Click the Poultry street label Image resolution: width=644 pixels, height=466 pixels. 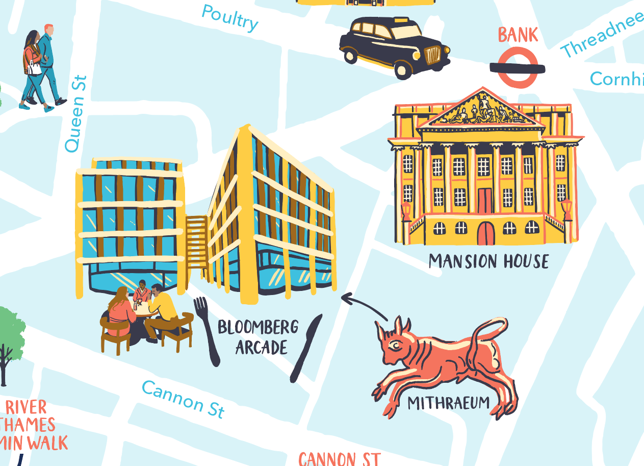click(230, 17)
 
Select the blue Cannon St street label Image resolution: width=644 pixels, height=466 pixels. click(183, 399)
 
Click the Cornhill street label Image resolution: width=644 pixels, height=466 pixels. click(616, 79)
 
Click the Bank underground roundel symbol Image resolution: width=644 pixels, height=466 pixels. click(518, 67)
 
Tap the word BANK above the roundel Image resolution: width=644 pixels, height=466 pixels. click(518, 35)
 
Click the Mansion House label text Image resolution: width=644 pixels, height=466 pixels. click(488, 261)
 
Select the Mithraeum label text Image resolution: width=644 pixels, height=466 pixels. click(448, 403)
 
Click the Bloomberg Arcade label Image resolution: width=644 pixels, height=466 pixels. click(258, 337)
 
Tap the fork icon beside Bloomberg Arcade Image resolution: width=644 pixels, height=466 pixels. click(207, 329)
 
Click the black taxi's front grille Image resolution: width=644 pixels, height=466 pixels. click(433, 55)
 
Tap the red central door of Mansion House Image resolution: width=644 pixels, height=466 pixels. click(485, 232)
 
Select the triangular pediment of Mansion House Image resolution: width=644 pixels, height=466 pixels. click(481, 111)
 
